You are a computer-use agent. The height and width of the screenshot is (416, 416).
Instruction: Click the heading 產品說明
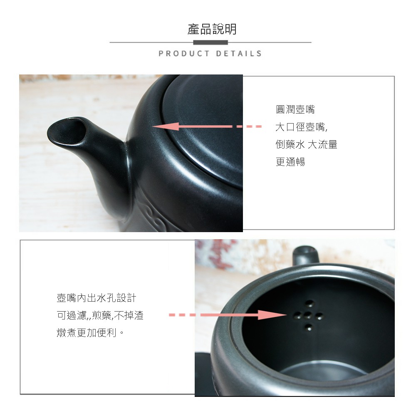coord(212,29)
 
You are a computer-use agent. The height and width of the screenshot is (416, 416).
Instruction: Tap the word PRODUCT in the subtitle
coord(184,54)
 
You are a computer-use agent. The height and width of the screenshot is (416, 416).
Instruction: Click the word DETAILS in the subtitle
coord(239,54)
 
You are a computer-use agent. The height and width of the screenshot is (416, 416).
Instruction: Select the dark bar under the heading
coord(210,42)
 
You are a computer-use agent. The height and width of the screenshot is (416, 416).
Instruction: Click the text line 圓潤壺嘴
coord(295,109)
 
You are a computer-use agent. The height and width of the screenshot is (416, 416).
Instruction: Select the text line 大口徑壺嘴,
coord(302,127)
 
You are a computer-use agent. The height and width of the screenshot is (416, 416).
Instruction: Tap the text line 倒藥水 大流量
coord(307,145)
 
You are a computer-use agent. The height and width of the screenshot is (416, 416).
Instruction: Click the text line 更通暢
coord(290,162)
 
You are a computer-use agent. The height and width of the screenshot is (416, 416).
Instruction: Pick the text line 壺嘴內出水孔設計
coord(97,298)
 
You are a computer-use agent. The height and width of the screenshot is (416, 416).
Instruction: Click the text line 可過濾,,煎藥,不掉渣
coord(100,315)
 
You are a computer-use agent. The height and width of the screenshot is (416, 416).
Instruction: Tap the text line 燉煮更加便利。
coord(90,332)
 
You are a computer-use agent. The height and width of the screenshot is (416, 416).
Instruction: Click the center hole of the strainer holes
coord(307,315)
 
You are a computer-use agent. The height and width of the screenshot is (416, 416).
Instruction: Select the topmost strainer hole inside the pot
coord(310,303)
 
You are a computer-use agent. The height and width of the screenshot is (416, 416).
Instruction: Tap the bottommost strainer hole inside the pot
coord(309,327)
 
